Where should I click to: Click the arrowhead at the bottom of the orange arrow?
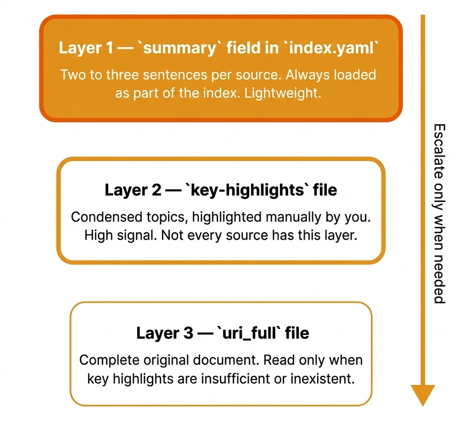pos(423,394)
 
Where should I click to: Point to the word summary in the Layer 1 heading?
pos(180,48)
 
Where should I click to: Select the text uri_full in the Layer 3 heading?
pos(249,333)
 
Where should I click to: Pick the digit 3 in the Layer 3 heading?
pos(188,333)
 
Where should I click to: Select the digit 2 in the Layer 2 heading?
pos(156,190)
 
